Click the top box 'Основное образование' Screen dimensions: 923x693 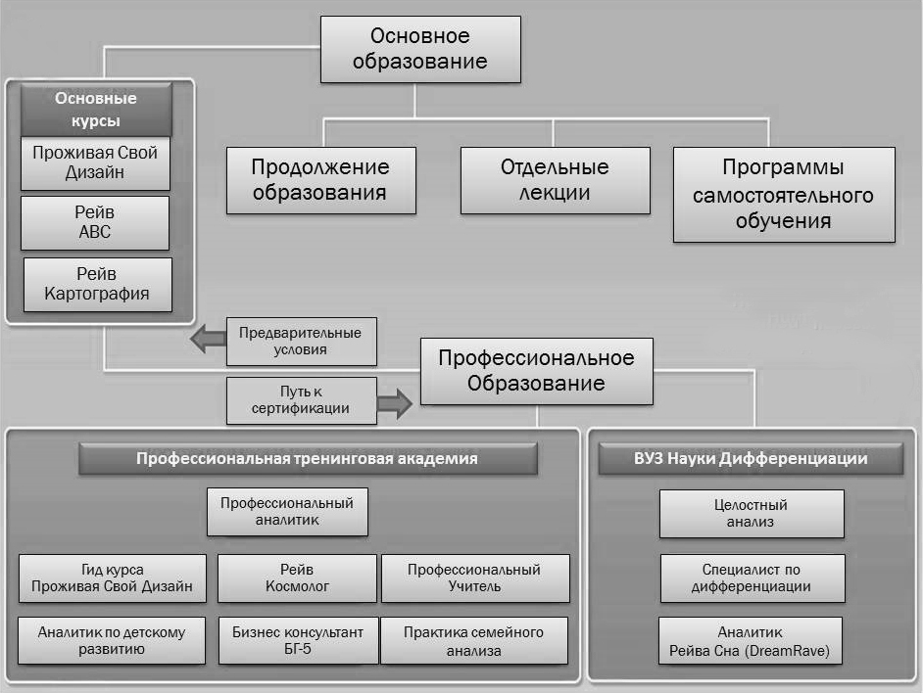(x=420, y=49)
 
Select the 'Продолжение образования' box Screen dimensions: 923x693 (x=320, y=180)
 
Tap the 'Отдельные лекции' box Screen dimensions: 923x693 (x=556, y=180)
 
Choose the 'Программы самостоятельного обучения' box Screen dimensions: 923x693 (x=784, y=194)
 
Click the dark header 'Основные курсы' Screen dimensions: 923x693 (x=96, y=110)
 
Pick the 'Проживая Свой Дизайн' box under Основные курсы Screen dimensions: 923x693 (x=95, y=162)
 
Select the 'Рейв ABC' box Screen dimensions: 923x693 (x=95, y=222)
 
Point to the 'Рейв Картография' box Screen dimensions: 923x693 (x=98, y=284)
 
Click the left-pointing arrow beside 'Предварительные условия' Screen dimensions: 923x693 (x=209, y=339)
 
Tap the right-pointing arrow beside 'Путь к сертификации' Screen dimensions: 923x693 (x=395, y=403)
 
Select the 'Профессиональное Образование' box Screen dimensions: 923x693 (x=536, y=371)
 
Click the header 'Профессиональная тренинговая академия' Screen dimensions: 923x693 (x=308, y=458)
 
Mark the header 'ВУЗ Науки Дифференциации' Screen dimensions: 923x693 (x=751, y=458)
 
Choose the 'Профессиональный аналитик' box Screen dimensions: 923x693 (x=287, y=511)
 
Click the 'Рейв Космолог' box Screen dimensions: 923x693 (x=297, y=577)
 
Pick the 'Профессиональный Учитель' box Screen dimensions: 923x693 (x=475, y=577)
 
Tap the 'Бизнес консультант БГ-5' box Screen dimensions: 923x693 (x=298, y=640)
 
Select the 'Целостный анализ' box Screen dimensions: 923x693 (x=752, y=514)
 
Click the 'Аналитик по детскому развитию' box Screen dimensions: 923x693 (x=112, y=640)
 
